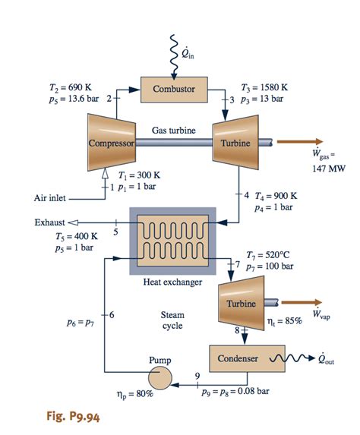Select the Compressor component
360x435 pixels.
coord(111,142)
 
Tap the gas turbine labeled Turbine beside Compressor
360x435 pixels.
coord(235,142)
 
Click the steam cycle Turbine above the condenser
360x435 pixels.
coord(240,304)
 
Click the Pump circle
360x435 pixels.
coord(160,376)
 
